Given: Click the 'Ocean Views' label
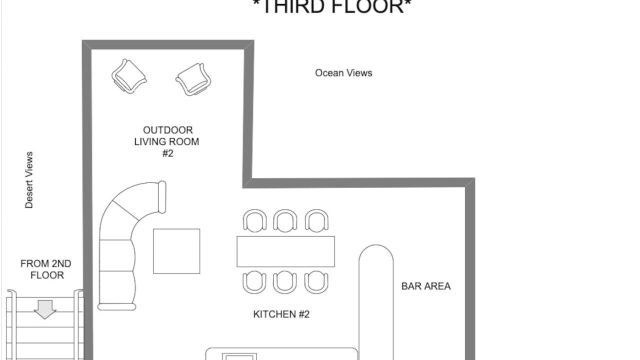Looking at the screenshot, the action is pos(343,73).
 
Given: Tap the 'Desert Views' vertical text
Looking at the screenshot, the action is pos(29,180).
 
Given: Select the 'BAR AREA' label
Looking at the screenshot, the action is pos(426,286).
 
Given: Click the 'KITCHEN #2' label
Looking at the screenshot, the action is pos(281,314).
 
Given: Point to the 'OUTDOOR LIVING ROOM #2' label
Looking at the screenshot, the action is pos(167,141).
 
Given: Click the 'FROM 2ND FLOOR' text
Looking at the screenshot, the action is pos(46,269).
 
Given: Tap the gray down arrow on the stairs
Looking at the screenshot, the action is pos(45,309).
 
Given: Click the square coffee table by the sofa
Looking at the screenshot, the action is pos(176,251).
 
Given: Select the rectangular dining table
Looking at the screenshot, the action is pos(285,251).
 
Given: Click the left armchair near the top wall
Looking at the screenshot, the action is pos(129,76).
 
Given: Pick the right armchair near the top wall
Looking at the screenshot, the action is pos(193,79).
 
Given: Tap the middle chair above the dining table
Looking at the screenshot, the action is pos(285,220).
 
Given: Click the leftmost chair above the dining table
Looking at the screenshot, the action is pos(255,220).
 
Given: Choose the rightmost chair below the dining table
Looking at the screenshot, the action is pos(316,282).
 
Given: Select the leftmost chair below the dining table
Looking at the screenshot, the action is pos(254,282).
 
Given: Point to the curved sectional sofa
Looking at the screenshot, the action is pos(117,257).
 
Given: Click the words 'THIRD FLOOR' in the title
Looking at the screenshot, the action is pos(332,7).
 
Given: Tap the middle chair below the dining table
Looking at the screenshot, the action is pos(285,282).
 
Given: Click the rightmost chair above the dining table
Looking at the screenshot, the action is pos(316,220).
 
